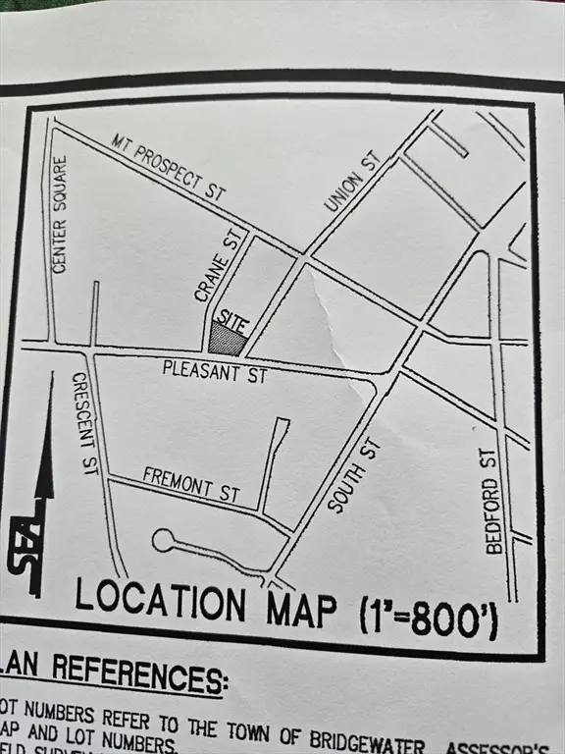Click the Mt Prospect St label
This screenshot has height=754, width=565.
[x=169, y=163]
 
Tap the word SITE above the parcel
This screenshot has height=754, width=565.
[x=228, y=319]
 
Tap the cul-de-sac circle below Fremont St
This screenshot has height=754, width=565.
[x=163, y=540]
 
